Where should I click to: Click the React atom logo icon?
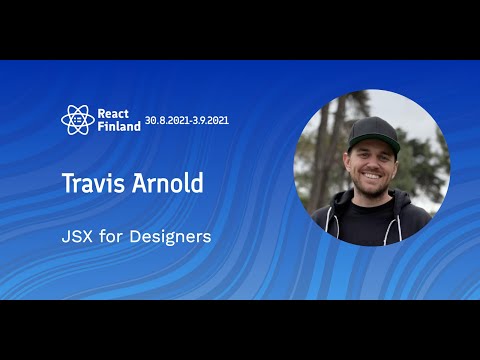(76, 120)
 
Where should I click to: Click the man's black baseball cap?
(372, 132)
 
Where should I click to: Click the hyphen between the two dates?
(202, 120)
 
